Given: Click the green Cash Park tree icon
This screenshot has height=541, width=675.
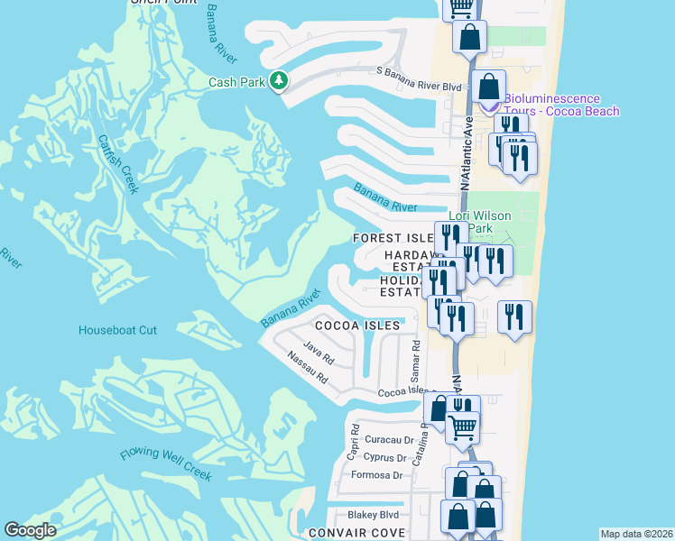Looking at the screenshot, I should [x=280, y=81].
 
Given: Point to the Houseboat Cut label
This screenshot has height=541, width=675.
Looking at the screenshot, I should [x=117, y=330].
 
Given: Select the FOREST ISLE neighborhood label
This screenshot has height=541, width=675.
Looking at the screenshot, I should [x=393, y=239].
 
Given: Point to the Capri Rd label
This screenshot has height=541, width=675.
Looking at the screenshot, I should [x=355, y=442].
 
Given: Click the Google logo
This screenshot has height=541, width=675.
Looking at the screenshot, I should [x=30, y=530].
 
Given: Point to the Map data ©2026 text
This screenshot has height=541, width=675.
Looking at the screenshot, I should [x=636, y=534].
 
